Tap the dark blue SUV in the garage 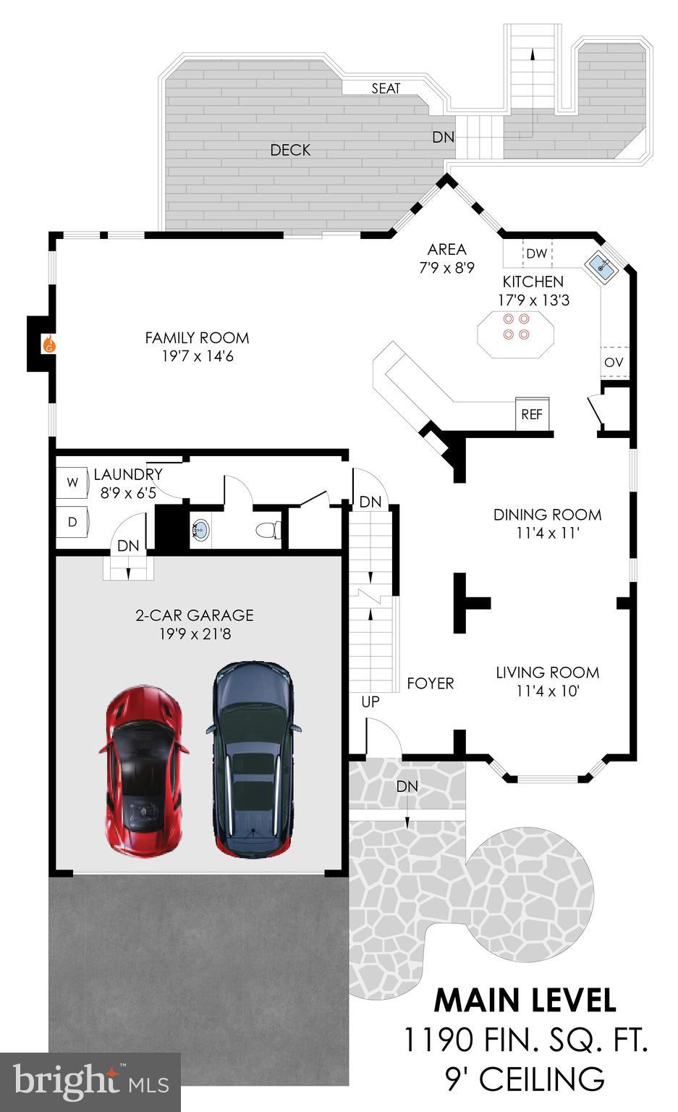(x=253, y=759)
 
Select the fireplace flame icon (x=49, y=343)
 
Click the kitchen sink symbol (x=601, y=266)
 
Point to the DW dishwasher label (x=537, y=253)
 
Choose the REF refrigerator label (x=532, y=414)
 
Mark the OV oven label (x=614, y=363)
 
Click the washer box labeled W (x=72, y=482)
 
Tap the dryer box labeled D (x=72, y=522)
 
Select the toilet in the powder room (x=268, y=530)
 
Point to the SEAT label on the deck (x=386, y=88)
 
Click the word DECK (x=290, y=150)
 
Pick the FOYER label (x=431, y=683)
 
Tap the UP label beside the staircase (x=370, y=702)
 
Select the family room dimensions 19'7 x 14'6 (x=198, y=356)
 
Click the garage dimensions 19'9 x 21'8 (x=195, y=634)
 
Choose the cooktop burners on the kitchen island (x=516, y=327)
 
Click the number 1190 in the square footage (x=438, y=1040)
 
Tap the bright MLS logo (x=90, y=1081)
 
